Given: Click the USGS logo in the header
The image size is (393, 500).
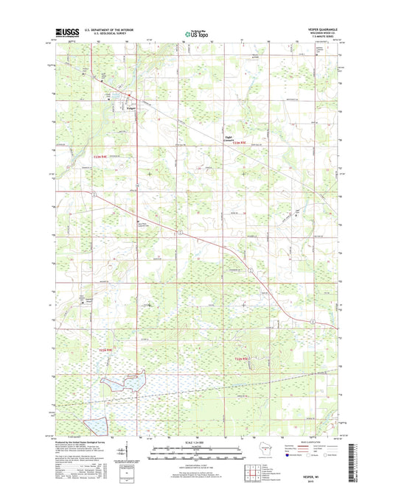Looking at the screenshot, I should pos(67,32).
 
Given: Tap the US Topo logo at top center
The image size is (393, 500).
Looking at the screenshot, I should pos(195,32).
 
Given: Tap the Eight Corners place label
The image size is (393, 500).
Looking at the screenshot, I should pos(229,138).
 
